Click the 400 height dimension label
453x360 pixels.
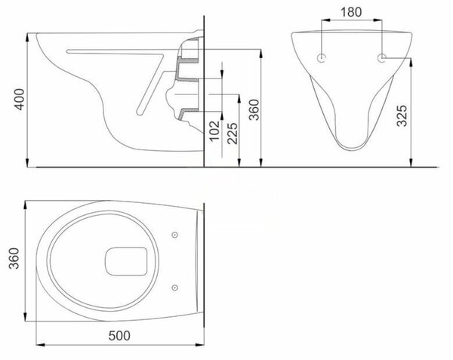20,99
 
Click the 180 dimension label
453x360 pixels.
351,12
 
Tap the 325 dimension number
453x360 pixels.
402,115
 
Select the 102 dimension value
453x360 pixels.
214,131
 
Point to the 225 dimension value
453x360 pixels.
233,134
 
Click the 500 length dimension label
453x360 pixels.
119,335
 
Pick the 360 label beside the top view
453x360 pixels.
14,258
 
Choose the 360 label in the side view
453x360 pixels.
254,109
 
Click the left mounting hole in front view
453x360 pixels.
322,58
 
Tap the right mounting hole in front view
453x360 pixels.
382,58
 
